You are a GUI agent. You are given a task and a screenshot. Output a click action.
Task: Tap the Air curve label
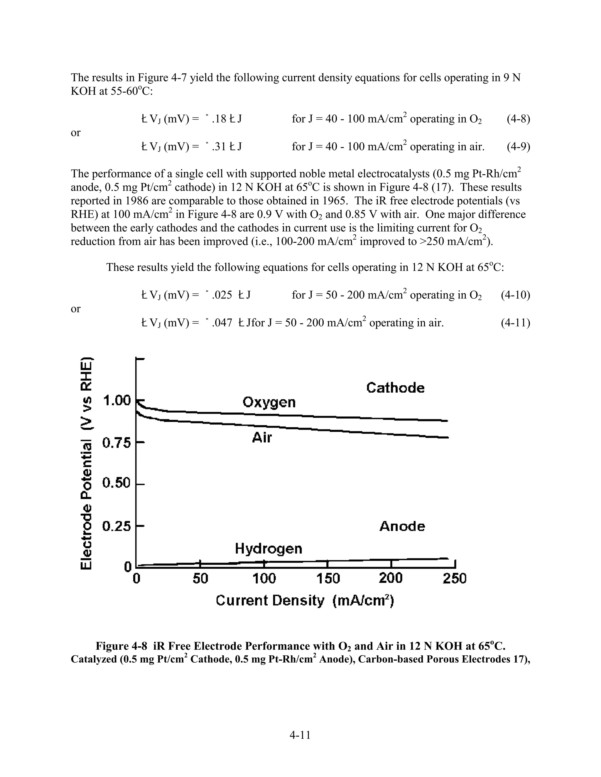[262, 437]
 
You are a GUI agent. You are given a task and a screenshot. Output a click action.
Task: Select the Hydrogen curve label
[269, 549]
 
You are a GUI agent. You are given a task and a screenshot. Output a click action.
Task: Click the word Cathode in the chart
[395, 388]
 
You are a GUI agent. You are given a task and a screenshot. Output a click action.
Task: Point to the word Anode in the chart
[402, 526]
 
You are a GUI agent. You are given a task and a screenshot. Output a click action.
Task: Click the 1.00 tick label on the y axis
[117, 401]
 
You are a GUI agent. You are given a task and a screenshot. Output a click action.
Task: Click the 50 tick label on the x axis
[200, 579]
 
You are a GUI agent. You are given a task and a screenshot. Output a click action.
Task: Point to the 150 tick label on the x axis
[328, 579]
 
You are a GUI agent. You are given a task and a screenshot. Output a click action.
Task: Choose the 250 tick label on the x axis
[454, 579]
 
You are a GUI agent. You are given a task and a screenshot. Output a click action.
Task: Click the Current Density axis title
[305, 601]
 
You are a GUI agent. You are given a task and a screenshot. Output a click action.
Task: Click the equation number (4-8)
[518, 119]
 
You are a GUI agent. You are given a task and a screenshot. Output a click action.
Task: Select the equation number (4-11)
[515, 323]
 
